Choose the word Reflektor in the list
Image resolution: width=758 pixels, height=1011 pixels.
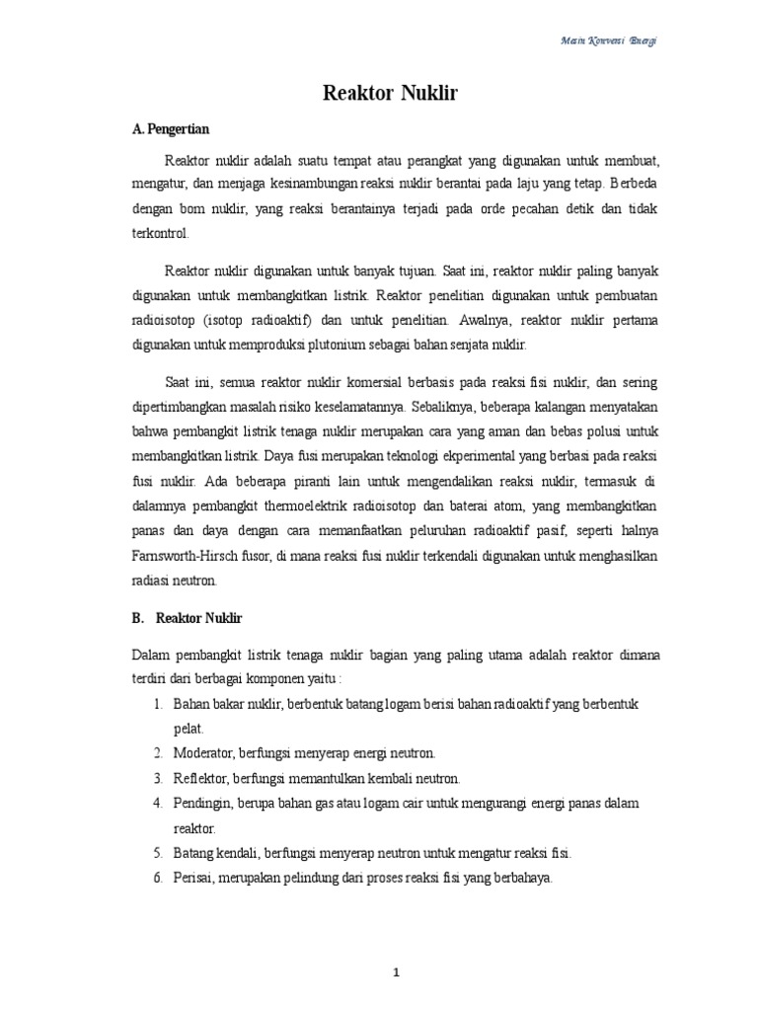coord(200,778)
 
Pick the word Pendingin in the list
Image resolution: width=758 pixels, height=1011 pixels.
coord(200,803)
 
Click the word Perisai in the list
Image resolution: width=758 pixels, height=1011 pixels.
coord(191,877)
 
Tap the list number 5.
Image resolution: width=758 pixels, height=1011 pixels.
coord(158,852)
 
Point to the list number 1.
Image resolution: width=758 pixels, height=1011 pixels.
coord(158,704)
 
